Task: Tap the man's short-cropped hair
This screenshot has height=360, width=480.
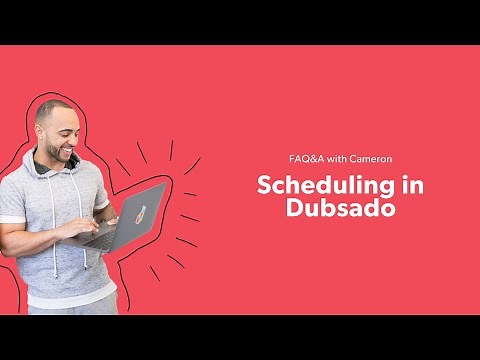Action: (x=53, y=108)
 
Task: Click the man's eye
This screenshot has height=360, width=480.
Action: (x=68, y=126)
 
